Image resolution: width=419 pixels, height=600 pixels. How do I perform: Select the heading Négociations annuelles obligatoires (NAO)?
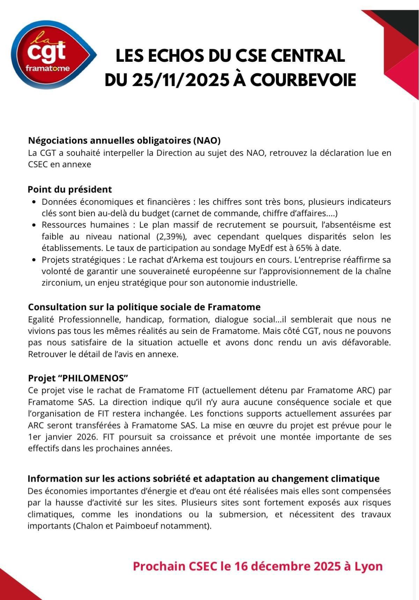(x=124, y=141)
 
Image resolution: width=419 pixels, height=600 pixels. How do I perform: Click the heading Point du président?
(x=70, y=189)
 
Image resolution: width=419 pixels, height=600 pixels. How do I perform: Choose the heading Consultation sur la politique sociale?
(x=144, y=307)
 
